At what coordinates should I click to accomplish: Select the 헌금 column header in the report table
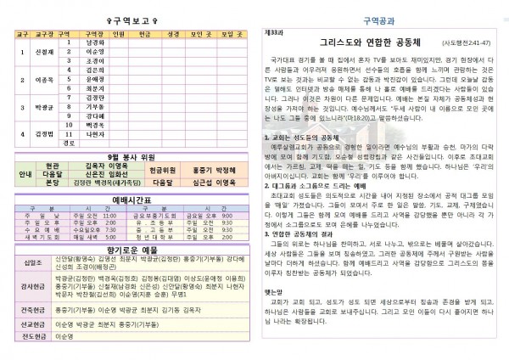point(146,34)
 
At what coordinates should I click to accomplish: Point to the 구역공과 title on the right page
point(373,18)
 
